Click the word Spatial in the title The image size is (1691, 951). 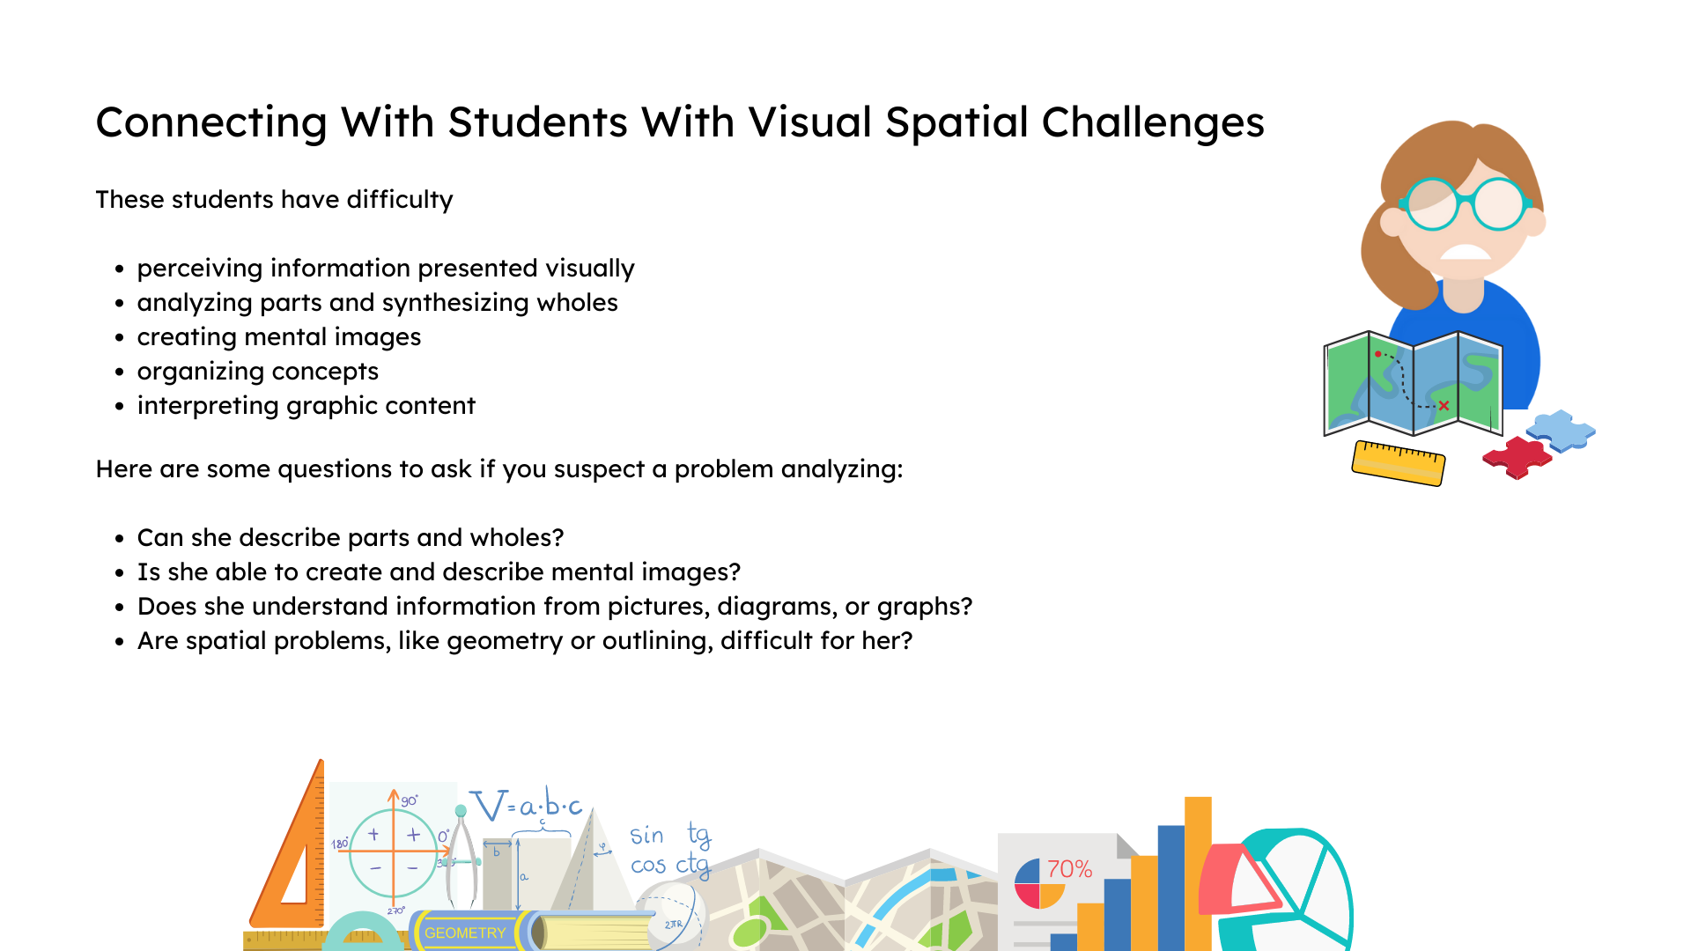956,122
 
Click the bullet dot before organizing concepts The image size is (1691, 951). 120,372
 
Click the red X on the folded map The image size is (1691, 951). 1444,406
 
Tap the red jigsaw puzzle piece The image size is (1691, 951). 1516,456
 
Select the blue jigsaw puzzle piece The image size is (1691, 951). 1561,431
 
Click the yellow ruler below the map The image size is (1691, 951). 1399,462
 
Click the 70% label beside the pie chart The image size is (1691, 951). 1069,869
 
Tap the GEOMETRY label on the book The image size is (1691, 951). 465,933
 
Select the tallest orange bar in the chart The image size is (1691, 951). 1198,872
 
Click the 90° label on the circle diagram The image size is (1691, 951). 410,800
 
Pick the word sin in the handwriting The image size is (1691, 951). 646,835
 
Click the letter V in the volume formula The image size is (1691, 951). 489,805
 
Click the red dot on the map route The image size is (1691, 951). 1378,354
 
